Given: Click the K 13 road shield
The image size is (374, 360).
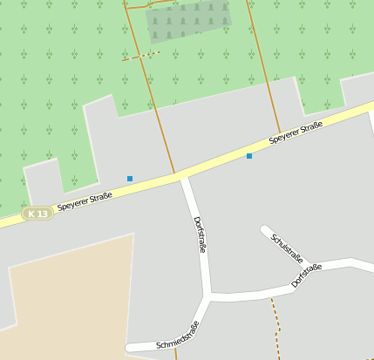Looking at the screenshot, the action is coord(37,213).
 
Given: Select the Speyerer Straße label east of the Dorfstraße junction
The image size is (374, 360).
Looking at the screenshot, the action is coord(296,132).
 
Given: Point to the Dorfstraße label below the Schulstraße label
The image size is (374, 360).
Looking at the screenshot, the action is coord(307,275).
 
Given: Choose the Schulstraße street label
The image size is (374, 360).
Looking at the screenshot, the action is coord(287,248).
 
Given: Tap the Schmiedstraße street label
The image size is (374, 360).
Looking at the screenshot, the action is coord(177,336).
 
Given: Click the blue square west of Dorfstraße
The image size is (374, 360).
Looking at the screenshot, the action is coord(130,179).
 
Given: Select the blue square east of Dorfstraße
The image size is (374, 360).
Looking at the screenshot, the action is coord(249,156).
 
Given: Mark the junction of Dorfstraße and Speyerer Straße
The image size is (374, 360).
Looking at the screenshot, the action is coord(182,177).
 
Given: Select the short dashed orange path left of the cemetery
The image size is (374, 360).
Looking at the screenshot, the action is coord(141,57).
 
